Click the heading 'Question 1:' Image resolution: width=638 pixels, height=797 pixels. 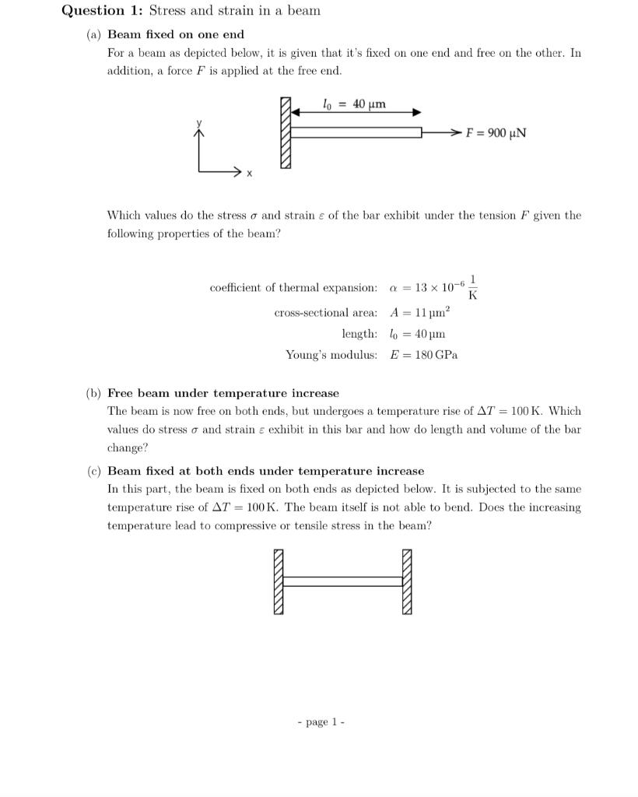[103, 11]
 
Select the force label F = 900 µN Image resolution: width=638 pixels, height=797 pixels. [496, 132]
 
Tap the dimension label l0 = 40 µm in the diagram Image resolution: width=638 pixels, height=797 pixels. [354, 104]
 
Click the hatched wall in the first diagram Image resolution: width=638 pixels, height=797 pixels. [286, 133]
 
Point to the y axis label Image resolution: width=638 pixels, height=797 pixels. [198, 123]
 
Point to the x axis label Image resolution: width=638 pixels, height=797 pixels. [249, 174]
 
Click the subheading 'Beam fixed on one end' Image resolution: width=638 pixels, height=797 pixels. [176, 34]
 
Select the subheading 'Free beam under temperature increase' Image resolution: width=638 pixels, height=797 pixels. [223, 393]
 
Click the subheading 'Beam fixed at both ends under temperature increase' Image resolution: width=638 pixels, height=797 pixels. [266, 471]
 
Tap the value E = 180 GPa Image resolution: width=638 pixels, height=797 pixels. [424, 355]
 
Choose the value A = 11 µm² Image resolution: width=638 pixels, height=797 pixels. [420, 313]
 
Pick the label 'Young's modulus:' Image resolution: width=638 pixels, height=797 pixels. [331, 355]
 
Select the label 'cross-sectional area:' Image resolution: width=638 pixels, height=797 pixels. [326, 313]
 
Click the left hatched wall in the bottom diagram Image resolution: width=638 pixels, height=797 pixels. [279, 581]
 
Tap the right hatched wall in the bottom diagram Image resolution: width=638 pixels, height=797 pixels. [407, 581]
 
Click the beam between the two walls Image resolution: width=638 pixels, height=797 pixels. [342, 581]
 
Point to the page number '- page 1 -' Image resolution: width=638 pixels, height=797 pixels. [321, 722]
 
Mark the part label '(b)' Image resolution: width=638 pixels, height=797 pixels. [93, 393]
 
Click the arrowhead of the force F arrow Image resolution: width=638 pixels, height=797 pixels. [457, 133]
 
